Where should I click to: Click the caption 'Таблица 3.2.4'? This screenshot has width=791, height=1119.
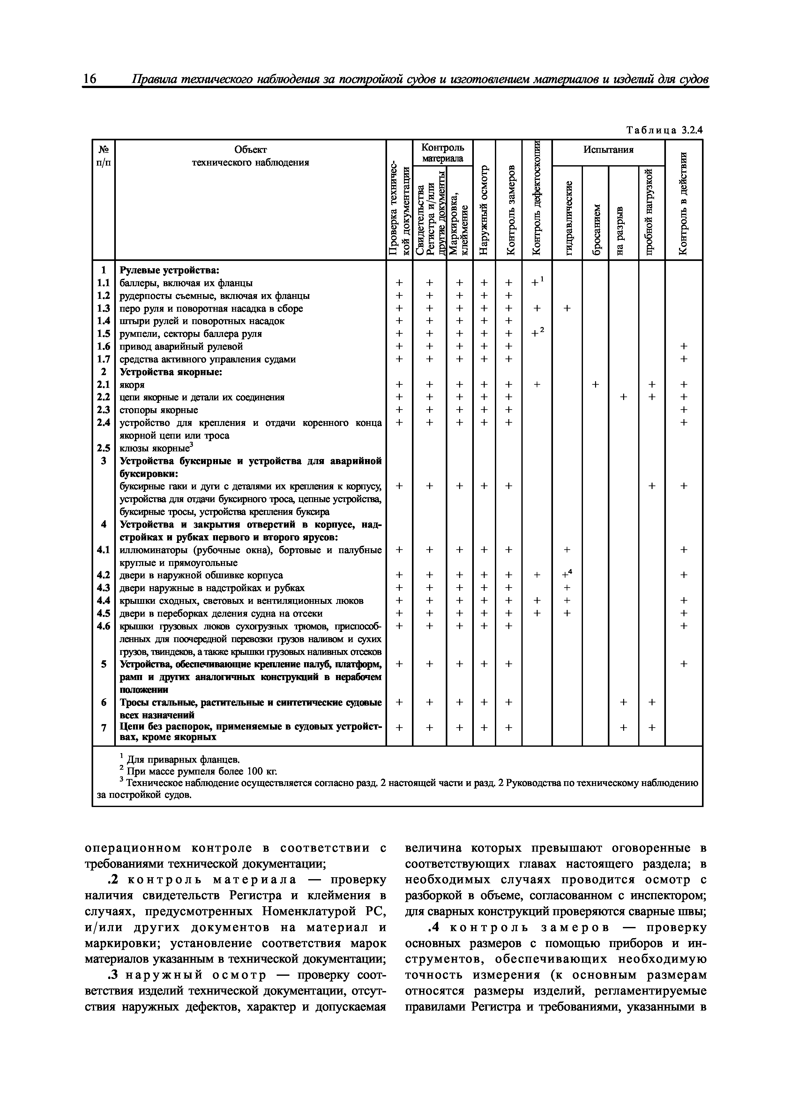(x=665, y=130)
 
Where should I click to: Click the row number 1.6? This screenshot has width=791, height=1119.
(x=103, y=346)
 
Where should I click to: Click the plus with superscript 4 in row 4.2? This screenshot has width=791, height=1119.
(x=567, y=574)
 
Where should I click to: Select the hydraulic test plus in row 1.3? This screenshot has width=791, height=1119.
(x=567, y=308)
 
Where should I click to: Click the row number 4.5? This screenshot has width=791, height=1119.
(x=103, y=613)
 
